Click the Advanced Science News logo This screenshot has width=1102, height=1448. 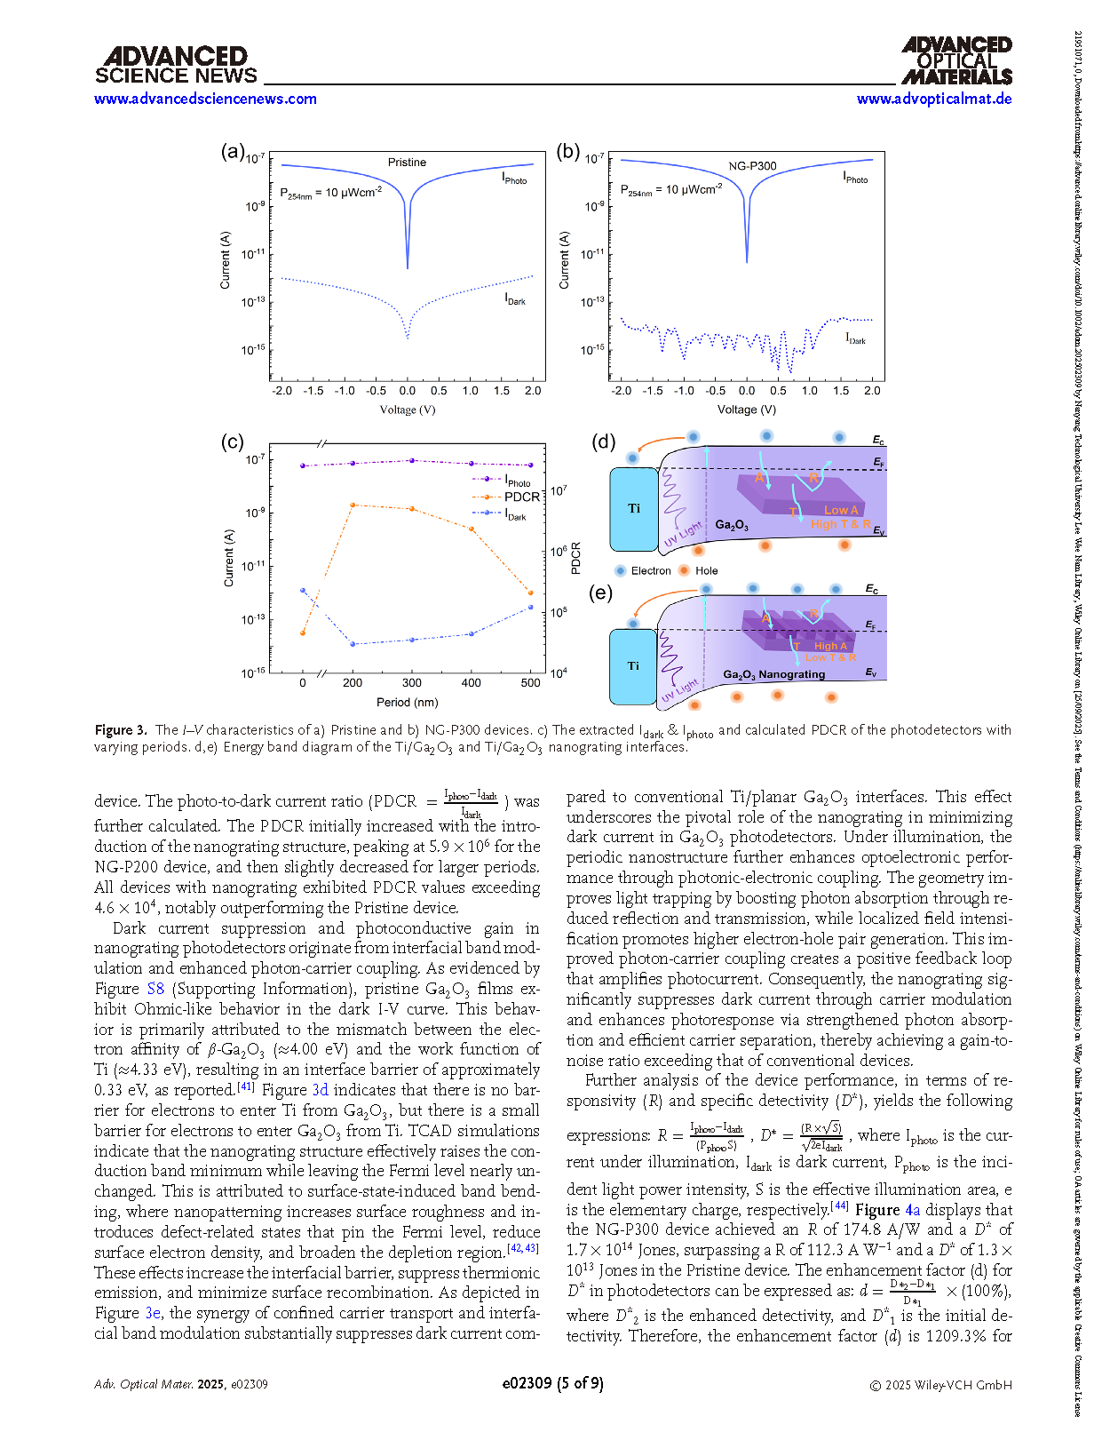(x=176, y=66)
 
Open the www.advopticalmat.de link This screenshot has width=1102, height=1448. (x=933, y=99)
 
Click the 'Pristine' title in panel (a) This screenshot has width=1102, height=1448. (x=407, y=163)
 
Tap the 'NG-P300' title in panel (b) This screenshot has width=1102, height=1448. (x=752, y=166)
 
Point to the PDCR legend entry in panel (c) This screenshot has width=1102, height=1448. (x=521, y=497)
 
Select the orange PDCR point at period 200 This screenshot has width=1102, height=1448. (x=353, y=505)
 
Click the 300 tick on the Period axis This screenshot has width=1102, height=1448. (x=412, y=683)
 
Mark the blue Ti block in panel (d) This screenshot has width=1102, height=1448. (x=634, y=509)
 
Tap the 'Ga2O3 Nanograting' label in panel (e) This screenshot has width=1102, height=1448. (x=773, y=675)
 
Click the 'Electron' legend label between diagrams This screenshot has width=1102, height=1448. (x=650, y=571)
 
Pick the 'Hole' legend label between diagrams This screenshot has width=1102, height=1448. (x=706, y=571)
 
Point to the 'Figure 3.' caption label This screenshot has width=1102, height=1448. (x=121, y=730)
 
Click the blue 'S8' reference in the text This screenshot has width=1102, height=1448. (x=155, y=989)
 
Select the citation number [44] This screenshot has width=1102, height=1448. (x=839, y=1206)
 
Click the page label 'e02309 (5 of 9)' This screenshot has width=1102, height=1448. (x=552, y=1383)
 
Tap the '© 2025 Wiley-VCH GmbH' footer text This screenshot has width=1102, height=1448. (x=940, y=1385)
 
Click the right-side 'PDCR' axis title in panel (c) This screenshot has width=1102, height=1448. (x=576, y=558)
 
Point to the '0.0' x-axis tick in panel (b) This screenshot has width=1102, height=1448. (x=747, y=391)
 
